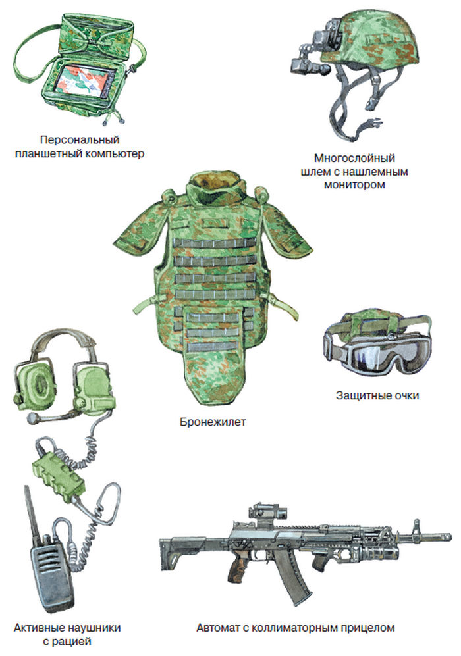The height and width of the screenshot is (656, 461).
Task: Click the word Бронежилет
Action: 213,422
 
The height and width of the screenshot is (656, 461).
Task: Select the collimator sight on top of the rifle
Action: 268,513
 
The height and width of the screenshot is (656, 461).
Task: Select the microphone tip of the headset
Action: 32,418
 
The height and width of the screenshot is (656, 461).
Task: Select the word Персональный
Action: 80,139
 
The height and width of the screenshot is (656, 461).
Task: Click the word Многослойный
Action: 354,159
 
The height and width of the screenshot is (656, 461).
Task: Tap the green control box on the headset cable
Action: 58,473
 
